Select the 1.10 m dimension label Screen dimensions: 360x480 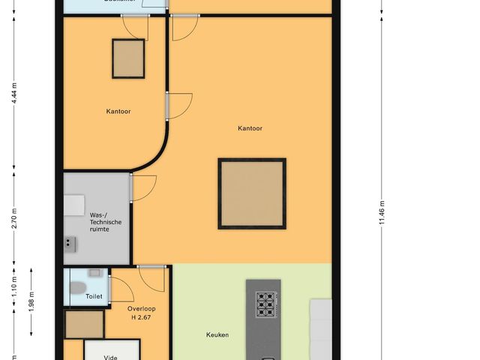(x=13, y=285)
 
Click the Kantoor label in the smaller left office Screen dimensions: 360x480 (x=118, y=112)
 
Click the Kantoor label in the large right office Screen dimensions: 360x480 (x=250, y=128)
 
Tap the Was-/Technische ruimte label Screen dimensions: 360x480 (x=100, y=221)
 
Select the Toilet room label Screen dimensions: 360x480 (x=94, y=297)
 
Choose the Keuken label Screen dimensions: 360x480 (x=217, y=335)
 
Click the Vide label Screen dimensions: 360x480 (x=111, y=358)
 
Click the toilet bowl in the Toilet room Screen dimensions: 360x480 (x=77, y=286)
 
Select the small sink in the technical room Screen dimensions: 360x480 (x=70, y=241)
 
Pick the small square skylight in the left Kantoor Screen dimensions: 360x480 (x=129, y=58)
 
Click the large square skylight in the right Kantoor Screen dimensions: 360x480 (x=252, y=193)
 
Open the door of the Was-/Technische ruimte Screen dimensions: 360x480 (x=142, y=187)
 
